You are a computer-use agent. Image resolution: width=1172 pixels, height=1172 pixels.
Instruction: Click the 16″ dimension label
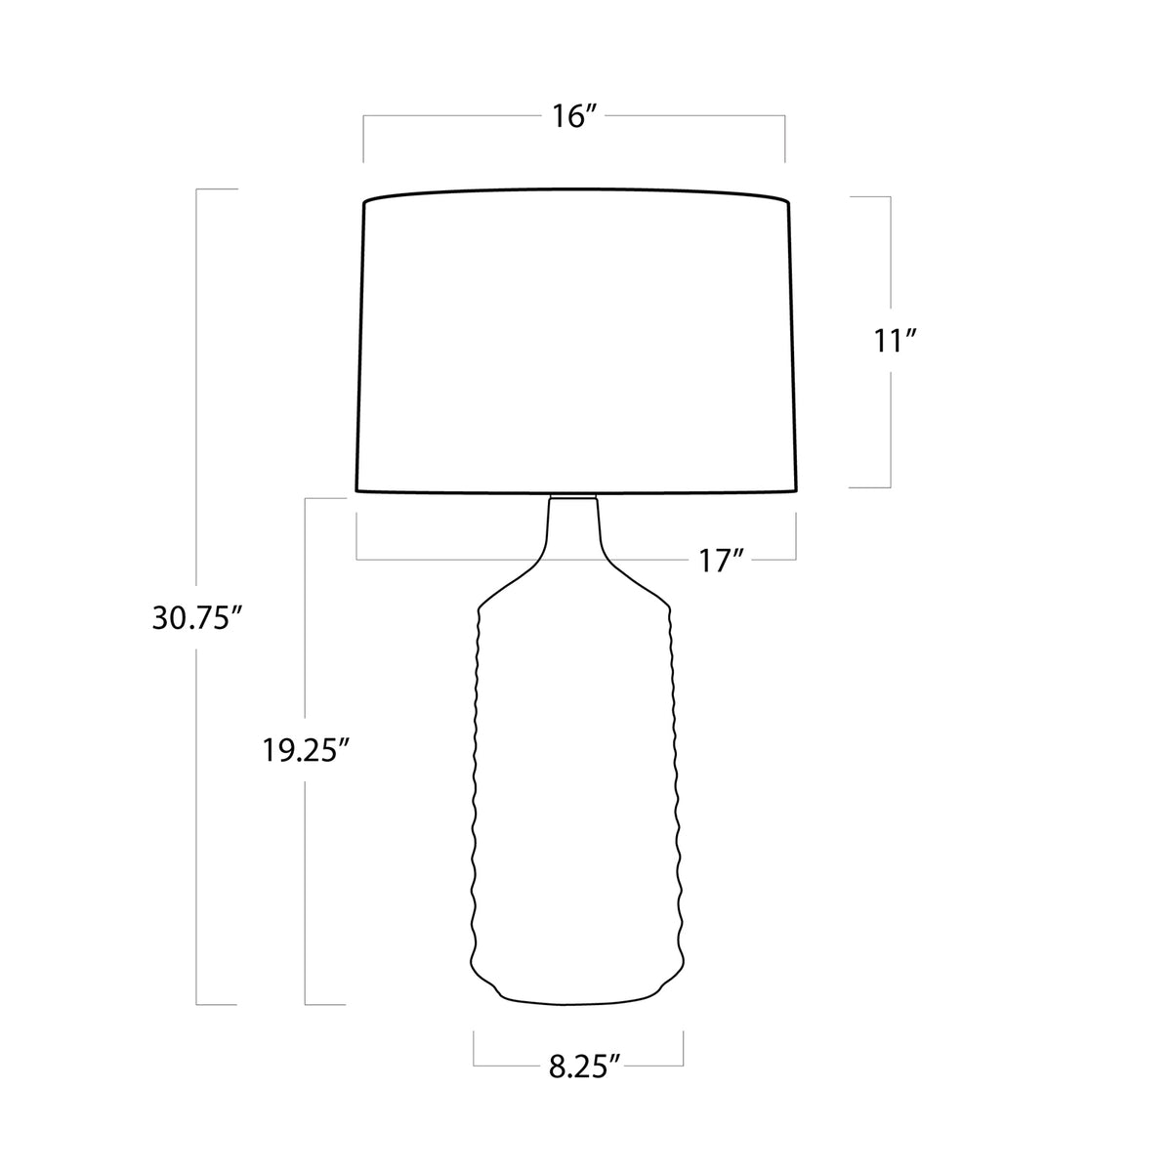point(574,116)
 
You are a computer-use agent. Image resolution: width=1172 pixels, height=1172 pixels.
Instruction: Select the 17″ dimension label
point(722,561)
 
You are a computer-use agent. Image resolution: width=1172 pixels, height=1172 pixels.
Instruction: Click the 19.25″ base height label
point(308,750)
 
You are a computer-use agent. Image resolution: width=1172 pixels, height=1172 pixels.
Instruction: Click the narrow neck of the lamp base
point(573,526)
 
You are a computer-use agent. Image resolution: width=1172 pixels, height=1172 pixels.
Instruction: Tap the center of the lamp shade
point(576,341)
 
